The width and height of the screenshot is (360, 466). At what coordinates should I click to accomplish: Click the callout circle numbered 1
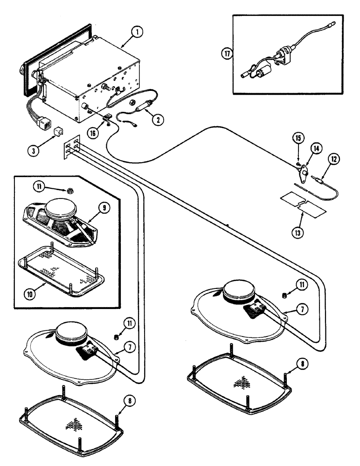136,33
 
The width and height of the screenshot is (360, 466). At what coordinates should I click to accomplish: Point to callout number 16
94,133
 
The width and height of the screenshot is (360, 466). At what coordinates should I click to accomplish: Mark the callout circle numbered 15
298,138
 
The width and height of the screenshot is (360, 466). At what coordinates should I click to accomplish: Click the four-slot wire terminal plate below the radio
71,147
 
